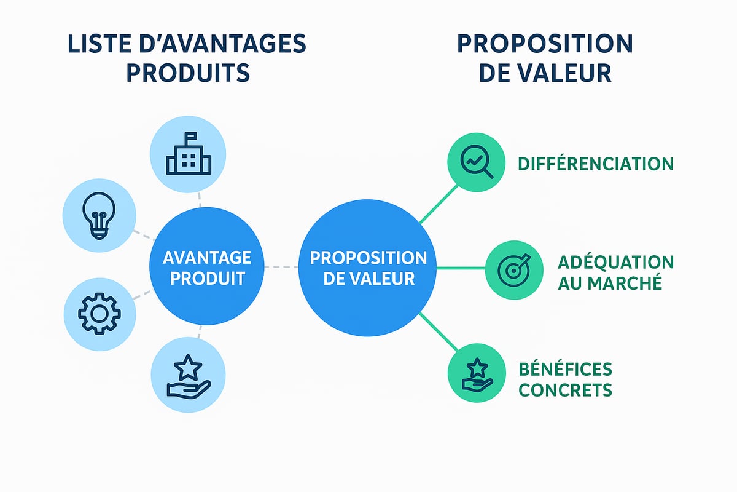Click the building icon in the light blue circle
coord(188,153)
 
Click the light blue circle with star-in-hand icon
coord(188,376)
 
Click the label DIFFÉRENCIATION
coord(595,164)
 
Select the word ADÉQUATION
coord(615,262)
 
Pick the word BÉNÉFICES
coord(565,369)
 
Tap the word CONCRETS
coord(565,390)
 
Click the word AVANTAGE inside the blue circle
coord(207,257)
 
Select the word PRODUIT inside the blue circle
coord(207,278)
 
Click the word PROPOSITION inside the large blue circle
coord(368,257)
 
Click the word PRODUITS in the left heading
coord(188,73)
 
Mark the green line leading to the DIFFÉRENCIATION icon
coord(439,203)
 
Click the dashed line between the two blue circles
coord(281,267)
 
